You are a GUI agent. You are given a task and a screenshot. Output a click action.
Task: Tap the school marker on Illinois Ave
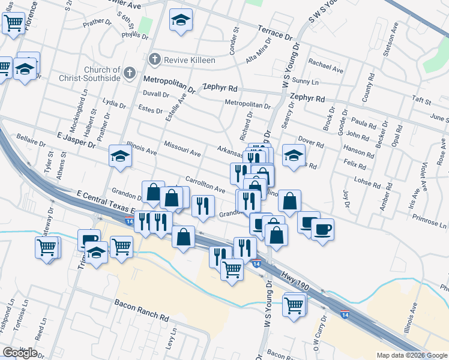(x=120, y=157)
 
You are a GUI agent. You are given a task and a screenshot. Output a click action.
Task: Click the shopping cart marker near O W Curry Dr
(x=294, y=304)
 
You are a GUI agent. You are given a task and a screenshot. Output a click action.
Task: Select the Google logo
(x=20, y=353)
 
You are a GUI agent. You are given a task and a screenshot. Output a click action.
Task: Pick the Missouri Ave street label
(x=182, y=149)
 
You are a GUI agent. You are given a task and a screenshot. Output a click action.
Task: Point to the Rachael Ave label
(x=325, y=65)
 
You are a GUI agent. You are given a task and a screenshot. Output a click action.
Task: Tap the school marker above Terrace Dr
(x=180, y=21)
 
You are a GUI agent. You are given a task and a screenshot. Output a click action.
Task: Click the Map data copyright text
(x=411, y=355)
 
